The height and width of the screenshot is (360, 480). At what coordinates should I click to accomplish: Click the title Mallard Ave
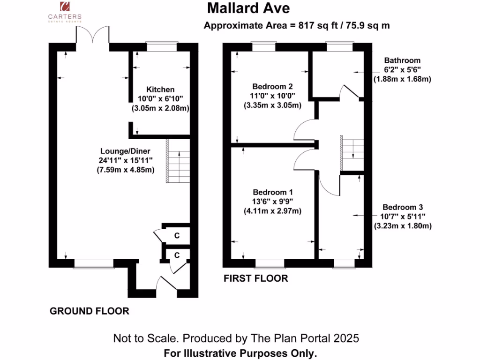click(x=248, y=8)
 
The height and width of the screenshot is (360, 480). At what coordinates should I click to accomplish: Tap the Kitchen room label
click(x=160, y=89)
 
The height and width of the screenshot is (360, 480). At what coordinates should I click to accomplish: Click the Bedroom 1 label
click(x=272, y=192)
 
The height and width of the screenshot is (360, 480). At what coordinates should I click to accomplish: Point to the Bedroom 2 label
click(x=272, y=87)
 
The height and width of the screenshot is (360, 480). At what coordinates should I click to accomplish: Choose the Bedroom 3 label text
click(x=402, y=207)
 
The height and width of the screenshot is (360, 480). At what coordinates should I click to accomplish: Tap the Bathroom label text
click(x=402, y=60)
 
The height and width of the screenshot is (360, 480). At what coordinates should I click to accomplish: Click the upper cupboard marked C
click(x=177, y=236)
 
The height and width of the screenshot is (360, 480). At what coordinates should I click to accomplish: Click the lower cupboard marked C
click(x=177, y=255)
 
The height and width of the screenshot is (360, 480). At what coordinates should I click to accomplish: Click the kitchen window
click(x=162, y=46)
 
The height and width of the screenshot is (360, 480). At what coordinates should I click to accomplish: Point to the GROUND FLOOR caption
click(x=89, y=311)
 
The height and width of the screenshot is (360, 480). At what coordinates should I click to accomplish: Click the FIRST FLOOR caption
click(x=255, y=278)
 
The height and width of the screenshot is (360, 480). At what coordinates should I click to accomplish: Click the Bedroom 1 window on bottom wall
click(x=270, y=262)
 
